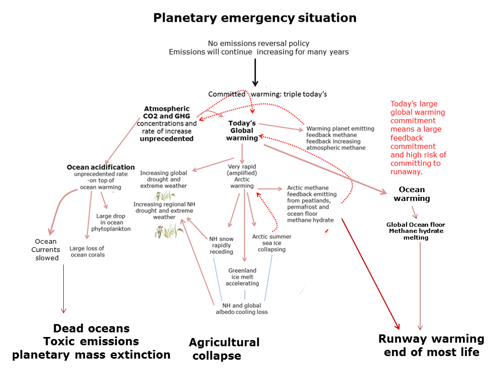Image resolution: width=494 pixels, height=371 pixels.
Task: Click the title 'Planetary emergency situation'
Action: tap(255, 18)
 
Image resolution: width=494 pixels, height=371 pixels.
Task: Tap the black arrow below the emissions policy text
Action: tap(255, 73)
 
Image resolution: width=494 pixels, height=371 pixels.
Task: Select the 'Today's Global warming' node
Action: tap(242, 130)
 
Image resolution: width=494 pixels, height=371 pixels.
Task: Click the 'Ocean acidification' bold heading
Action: tap(101, 167)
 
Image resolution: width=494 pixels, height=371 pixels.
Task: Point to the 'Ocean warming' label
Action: tap(412, 194)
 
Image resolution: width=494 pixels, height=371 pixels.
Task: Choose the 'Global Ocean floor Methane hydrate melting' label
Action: tap(416, 231)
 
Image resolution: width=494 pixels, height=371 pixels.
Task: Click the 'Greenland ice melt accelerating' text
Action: tap(242, 277)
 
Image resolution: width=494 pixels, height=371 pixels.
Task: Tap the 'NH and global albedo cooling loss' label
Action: tap(242, 309)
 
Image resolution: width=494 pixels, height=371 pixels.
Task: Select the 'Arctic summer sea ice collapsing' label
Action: tap(272, 243)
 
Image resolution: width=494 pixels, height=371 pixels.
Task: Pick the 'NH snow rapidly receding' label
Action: tap(221, 245)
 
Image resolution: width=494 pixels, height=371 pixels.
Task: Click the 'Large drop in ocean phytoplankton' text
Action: tap(111, 223)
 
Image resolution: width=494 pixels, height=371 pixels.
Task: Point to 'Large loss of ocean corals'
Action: tap(87, 251)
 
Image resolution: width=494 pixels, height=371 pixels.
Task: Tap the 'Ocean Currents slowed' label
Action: tap(46, 249)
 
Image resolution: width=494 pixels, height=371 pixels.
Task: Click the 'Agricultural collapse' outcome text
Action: tap(224, 349)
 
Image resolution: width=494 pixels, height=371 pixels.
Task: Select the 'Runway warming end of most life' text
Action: tap(431, 345)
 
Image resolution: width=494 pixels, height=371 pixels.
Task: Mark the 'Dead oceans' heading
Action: tap(92, 328)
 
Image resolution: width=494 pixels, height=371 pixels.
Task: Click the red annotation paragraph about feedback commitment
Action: tap(418, 138)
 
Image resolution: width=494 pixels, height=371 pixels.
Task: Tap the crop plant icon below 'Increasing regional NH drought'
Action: tap(169, 231)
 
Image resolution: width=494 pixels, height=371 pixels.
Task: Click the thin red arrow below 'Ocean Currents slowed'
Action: tap(64, 289)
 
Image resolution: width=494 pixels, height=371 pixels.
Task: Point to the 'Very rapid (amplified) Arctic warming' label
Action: tap(242, 176)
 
